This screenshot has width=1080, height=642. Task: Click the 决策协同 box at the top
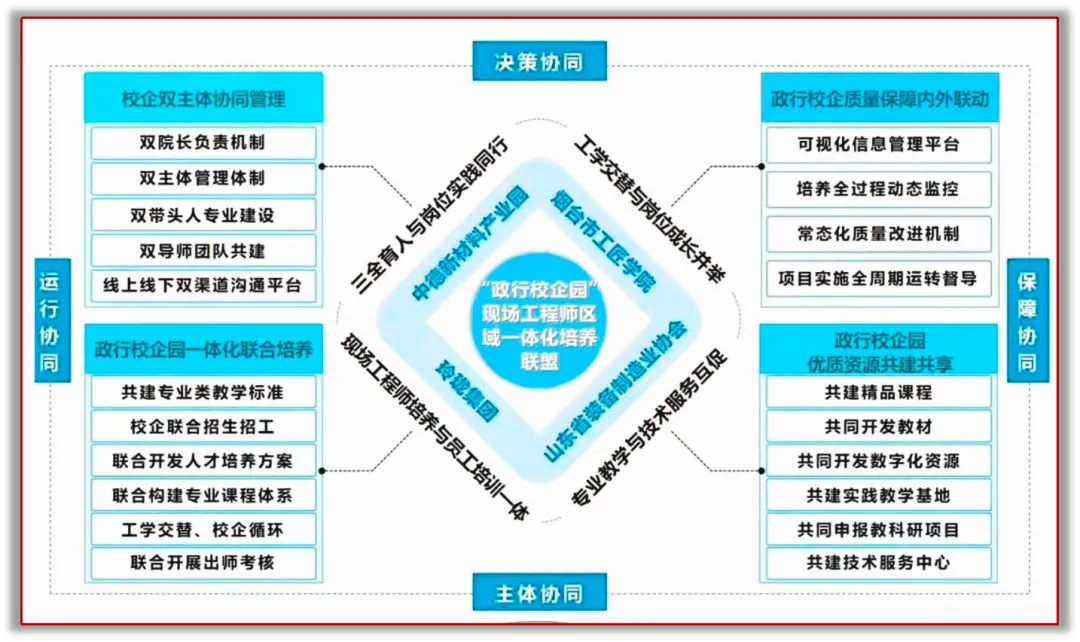(x=539, y=61)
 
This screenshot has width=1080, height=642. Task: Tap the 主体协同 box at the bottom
(x=539, y=592)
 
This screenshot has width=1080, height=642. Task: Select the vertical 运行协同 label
(x=48, y=317)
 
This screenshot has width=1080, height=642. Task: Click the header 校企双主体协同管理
(x=204, y=99)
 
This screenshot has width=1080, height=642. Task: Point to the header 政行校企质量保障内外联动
(x=879, y=99)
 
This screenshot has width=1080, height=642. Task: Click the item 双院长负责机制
(x=204, y=143)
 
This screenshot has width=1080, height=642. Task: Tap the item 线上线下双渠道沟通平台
(x=204, y=284)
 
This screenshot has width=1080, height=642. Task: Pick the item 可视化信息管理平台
(x=879, y=144)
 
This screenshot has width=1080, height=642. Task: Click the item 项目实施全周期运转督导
(x=879, y=278)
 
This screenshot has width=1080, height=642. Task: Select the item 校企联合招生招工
(x=204, y=426)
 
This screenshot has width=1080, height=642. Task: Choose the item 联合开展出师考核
(x=204, y=562)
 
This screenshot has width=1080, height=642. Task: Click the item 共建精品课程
(x=879, y=392)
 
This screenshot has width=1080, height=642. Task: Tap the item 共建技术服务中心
(x=879, y=562)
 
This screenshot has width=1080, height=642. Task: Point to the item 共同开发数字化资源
(x=879, y=461)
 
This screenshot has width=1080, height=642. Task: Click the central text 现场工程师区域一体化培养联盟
(x=539, y=326)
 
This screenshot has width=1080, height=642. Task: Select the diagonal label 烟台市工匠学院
(x=603, y=240)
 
